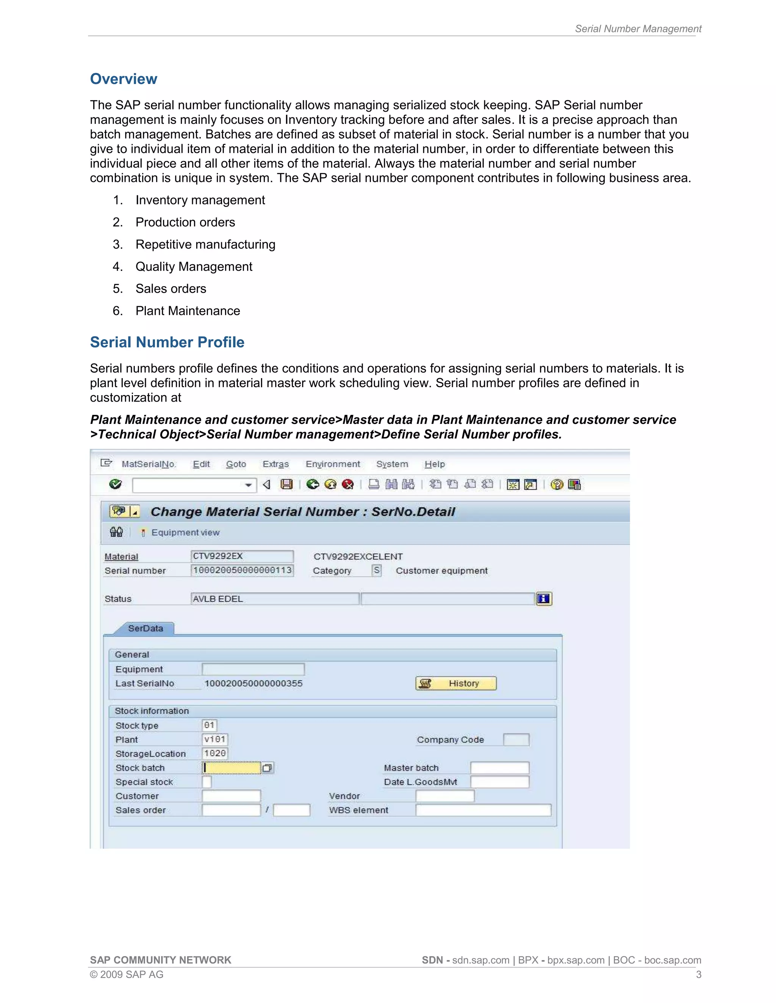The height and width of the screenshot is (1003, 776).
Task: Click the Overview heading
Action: point(123,79)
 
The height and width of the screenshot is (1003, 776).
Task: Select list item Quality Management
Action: point(194,266)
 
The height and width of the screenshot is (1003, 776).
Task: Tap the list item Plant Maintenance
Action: point(188,311)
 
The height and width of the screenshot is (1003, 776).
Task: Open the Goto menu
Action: point(236,464)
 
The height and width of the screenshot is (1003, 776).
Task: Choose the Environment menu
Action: point(333,464)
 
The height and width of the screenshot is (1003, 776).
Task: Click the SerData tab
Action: point(145,628)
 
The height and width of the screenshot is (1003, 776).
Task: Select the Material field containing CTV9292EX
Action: point(242,556)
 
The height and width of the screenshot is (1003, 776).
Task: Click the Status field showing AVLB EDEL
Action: point(274,599)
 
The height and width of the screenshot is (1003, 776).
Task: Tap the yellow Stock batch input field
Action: point(232,768)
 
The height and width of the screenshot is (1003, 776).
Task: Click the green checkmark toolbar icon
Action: point(116,484)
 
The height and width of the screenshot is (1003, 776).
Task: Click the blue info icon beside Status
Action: point(543,599)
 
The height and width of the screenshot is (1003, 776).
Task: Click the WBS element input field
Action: point(483,810)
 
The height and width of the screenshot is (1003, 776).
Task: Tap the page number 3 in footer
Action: point(698,975)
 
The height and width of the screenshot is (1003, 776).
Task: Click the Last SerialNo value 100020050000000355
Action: point(253,683)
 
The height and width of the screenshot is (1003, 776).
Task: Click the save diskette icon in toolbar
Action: point(286,484)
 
